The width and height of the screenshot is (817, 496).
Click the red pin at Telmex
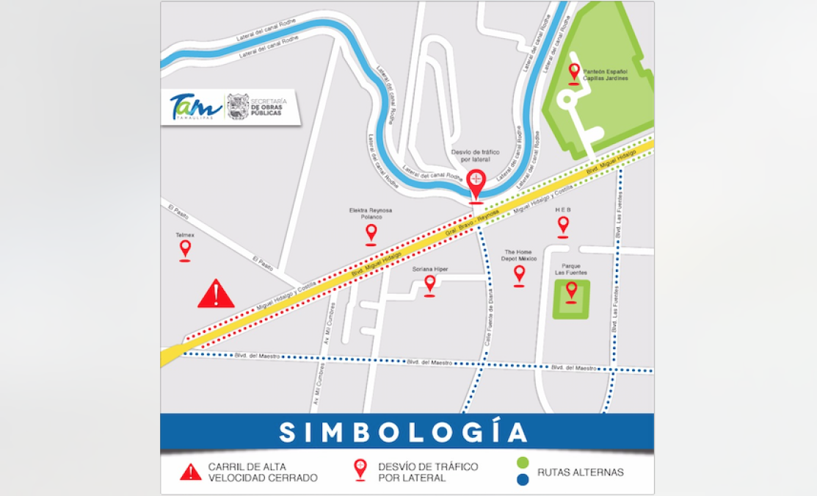click(185, 249)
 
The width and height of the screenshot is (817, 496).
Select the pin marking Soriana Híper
click(430, 284)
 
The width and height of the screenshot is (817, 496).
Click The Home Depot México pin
click(519, 274)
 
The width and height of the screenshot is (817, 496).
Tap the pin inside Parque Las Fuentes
click(571, 291)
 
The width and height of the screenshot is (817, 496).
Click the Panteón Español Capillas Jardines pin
click(574, 73)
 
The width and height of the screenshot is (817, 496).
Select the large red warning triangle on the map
click(216, 294)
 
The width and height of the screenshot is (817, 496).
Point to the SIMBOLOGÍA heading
click(404, 432)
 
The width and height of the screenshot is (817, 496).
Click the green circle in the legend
click(522, 464)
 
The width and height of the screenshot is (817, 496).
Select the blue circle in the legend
click(522, 480)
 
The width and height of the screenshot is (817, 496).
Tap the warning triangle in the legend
click(191, 472)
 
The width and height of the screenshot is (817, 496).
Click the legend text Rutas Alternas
click(581, 472)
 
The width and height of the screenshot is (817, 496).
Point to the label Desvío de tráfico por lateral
click(475, 154)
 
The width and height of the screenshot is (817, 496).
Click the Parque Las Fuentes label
click(571, 270)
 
